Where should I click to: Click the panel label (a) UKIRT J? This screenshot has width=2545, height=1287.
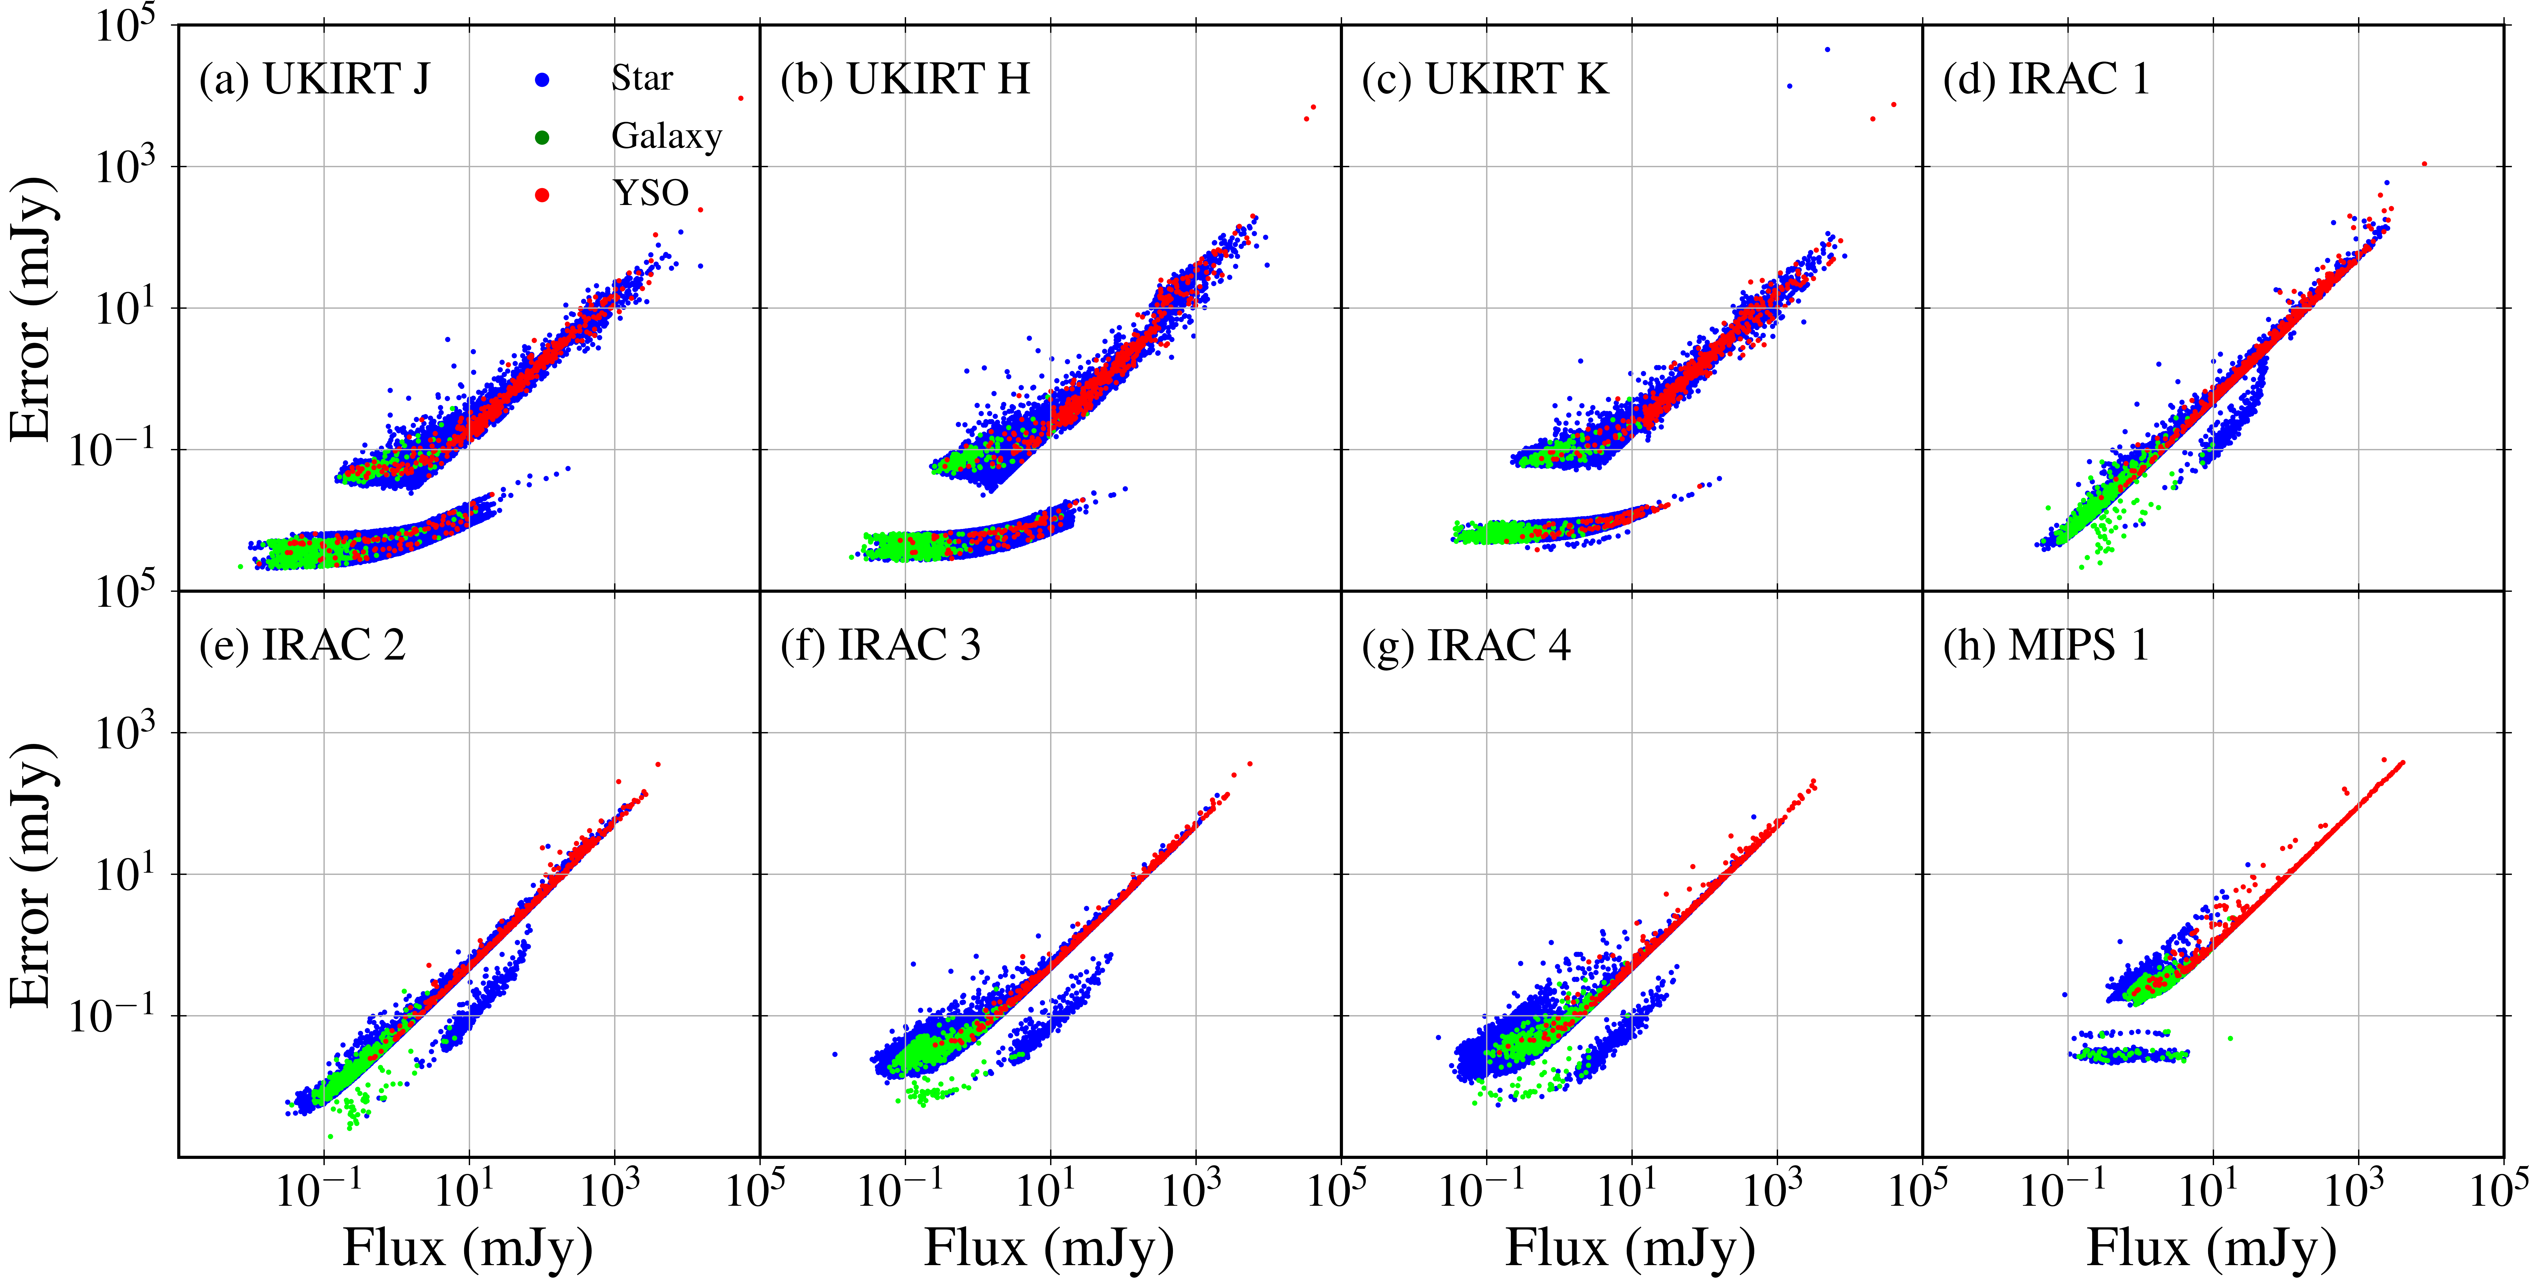pyautogui.click(x=314, y=79)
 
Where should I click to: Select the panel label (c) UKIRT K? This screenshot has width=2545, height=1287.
pyautogui.click(x=1485, y=79)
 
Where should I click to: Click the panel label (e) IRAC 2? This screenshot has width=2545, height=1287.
pyautogui.click(x=302, y=646)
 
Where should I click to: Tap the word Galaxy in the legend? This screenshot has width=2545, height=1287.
pyautogui.click(x=667, y=136)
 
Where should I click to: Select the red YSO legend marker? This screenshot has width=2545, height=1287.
pyautogui.click(x=541, y=195)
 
